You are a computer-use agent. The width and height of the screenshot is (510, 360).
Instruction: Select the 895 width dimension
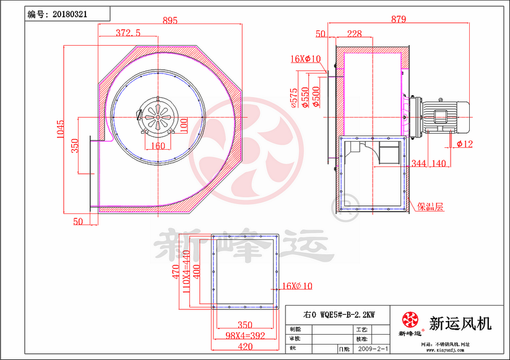point(170,20)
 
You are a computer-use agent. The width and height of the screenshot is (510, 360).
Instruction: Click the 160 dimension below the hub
point(158,146)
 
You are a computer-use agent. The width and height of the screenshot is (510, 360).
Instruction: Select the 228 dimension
point(354,34)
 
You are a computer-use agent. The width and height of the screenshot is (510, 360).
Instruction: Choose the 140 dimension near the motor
point(438,163)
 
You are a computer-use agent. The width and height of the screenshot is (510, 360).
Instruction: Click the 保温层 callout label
point(431,207)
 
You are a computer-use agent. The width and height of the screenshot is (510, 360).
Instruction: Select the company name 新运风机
point(460,322)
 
